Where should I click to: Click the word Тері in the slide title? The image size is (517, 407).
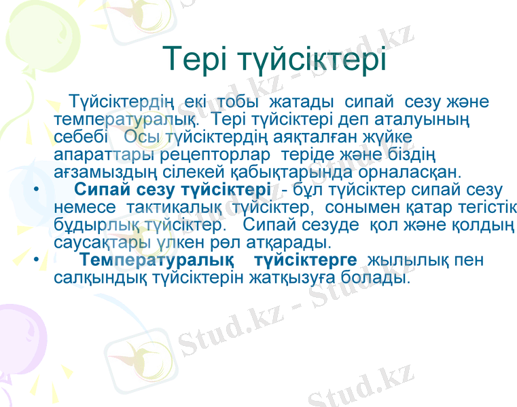tap(197, 60)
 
